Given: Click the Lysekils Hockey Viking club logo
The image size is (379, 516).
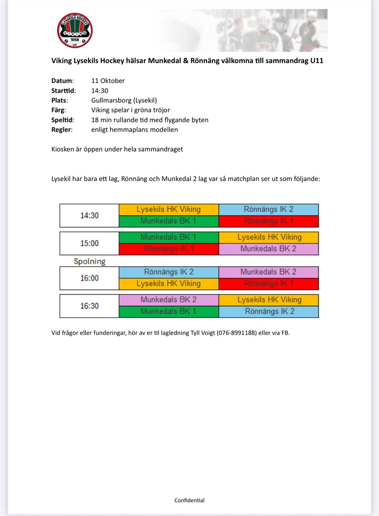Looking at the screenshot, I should coord(75,31).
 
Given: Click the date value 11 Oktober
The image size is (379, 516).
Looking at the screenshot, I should coord(108,81).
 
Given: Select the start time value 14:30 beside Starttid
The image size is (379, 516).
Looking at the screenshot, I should coord(100,91).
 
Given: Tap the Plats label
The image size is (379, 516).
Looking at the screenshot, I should coord(59,100).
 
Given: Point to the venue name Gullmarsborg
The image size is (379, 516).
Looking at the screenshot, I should coord(111,100).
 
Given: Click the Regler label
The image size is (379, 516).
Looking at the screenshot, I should coord(61,130).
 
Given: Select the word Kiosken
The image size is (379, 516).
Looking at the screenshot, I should coord(63,149).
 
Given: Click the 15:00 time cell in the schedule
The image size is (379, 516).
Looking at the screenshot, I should coord(89,243).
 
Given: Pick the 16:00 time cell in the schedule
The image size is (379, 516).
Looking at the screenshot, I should coord(89,278).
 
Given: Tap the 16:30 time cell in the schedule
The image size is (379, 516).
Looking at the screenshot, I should coord(89,306).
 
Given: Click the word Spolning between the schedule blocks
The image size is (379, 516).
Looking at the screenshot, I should coord(89,261).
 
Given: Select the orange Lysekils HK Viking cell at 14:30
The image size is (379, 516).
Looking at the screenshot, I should coord(169,210).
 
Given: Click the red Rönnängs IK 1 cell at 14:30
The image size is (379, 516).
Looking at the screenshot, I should coord(269,221).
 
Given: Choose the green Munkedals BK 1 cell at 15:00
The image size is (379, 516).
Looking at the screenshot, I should coord(169,237).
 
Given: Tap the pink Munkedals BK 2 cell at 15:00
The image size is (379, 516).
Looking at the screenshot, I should coord(269,249).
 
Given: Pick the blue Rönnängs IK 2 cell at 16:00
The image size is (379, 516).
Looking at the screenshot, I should coord(169,272).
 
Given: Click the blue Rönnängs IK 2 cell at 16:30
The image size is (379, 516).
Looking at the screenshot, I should coord(269,311).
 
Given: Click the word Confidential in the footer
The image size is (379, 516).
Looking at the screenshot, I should coord(189,500).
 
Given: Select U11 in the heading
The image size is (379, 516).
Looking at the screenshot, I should coord(316,61).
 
